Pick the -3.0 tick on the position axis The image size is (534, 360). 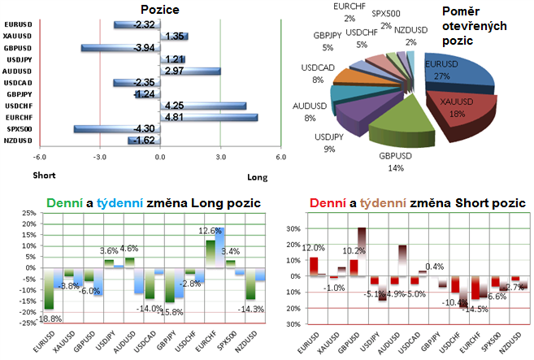click(98, 157)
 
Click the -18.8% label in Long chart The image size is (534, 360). click(50, 319)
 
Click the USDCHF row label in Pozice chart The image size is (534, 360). click(18, 106)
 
